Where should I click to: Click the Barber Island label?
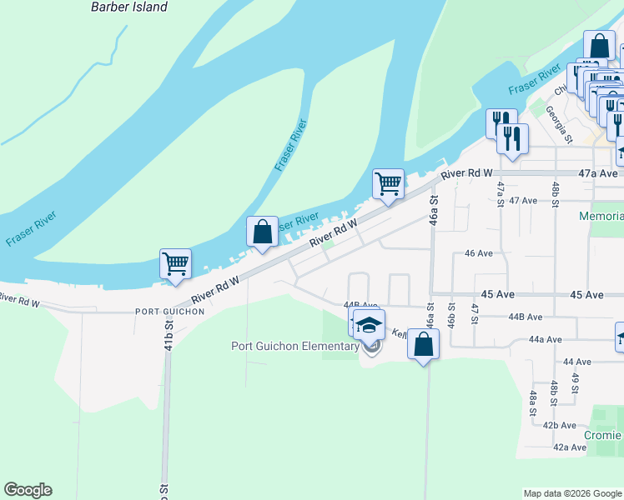(x=128, y=7)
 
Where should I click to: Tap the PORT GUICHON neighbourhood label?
(x=169, y=311)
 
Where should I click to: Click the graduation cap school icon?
(x=369, y=325)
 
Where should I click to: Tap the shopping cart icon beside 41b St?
(x=176, y=264)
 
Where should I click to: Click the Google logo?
(x=28, y=490)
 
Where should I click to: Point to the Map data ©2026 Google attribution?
(x=572, y=493)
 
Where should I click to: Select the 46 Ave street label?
(x=479, y=252)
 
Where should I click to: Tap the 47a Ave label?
(x=599, y=173)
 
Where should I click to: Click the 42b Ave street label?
(x=560, y=425)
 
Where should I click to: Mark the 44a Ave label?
(x=546, y=340)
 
